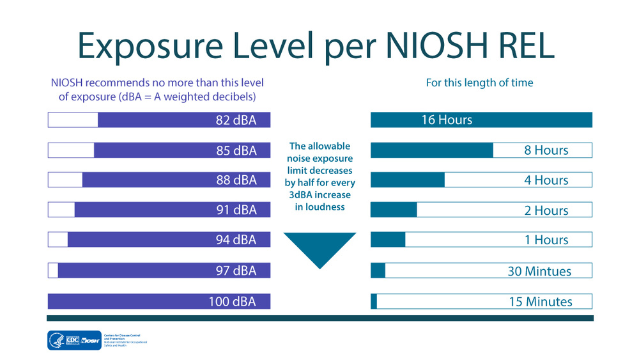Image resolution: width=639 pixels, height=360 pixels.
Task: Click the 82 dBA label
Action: point(236,120)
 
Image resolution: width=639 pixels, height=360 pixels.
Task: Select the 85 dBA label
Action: point(236,150)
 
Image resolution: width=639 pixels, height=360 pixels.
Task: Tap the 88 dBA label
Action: point(236,180)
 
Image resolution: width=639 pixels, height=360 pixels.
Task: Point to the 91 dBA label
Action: point(236,210)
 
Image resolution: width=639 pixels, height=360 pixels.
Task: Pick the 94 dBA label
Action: point(236,240)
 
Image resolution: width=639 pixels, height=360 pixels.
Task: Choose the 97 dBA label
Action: point(236,270)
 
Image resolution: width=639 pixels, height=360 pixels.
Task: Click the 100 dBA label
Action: point(232,301)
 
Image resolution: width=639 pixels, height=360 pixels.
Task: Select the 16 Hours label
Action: point(447,120)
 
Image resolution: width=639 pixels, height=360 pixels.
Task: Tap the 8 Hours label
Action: point(546,150)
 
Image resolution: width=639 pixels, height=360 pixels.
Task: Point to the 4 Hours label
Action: point(546,180)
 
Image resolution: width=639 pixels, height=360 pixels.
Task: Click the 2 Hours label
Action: point(546,210)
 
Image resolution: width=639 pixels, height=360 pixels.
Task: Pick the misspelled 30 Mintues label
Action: point(539,271)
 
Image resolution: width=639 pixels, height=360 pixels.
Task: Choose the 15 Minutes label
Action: point(540,301)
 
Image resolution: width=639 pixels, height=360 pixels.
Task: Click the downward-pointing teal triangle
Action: point(319,247)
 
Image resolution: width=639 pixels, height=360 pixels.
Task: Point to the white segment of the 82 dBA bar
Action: point(73,120)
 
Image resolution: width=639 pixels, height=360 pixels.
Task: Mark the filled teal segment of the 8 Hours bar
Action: point(431,150)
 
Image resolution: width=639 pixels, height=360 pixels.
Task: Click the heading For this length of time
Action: point(479,82)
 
